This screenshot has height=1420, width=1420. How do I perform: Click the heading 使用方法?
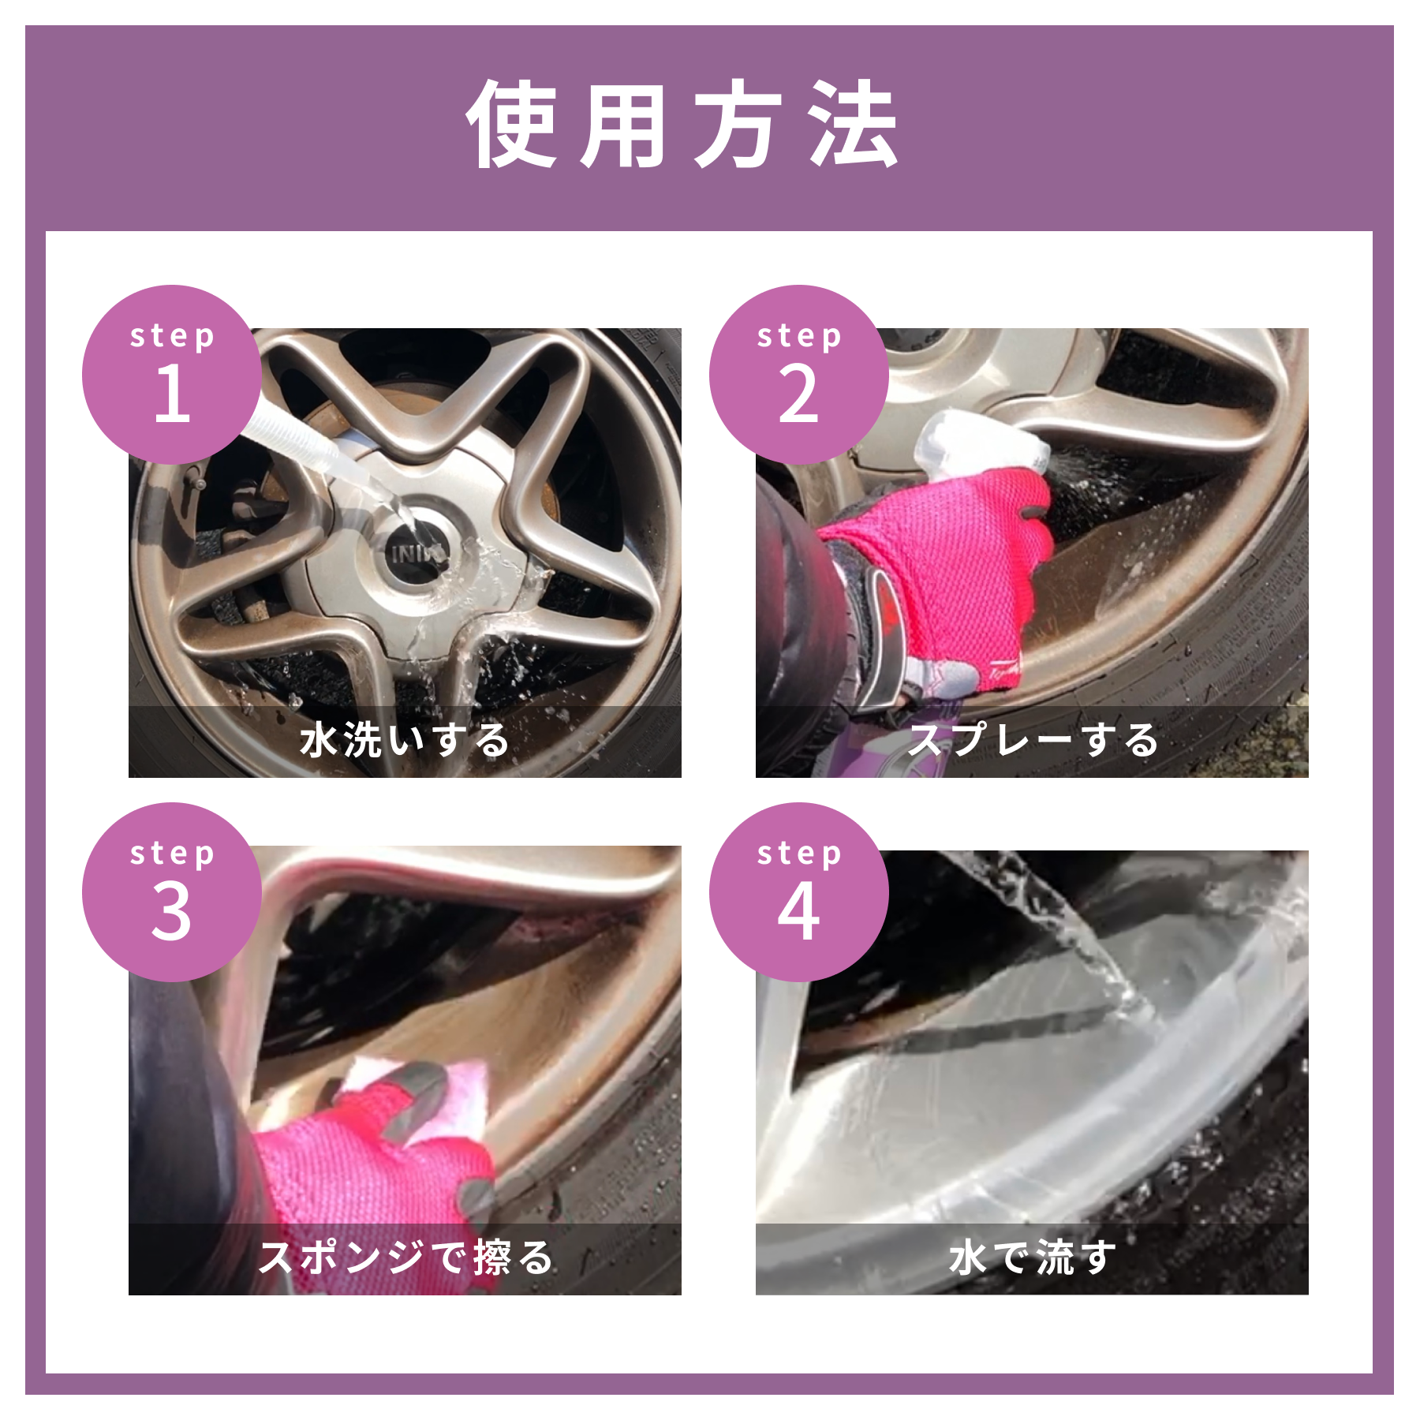point(683,124)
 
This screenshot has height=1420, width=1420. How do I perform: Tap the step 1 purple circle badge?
point(172,375)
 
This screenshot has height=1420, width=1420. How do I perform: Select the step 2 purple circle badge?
point(799,375)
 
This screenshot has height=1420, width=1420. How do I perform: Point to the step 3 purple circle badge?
point(172,892)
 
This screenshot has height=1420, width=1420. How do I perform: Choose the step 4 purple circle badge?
point(799,892)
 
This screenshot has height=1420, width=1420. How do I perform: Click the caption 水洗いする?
point(405,741)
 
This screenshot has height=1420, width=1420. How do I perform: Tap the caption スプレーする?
point(1033,741)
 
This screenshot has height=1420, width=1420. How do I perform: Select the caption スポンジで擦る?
point(405,1257)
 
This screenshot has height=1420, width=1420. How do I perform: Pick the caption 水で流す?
point(1033,1257)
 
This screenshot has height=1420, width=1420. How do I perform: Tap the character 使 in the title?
point(513,124)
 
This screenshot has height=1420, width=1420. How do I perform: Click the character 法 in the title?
point(854,124)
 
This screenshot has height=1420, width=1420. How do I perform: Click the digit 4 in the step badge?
point(798,911)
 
